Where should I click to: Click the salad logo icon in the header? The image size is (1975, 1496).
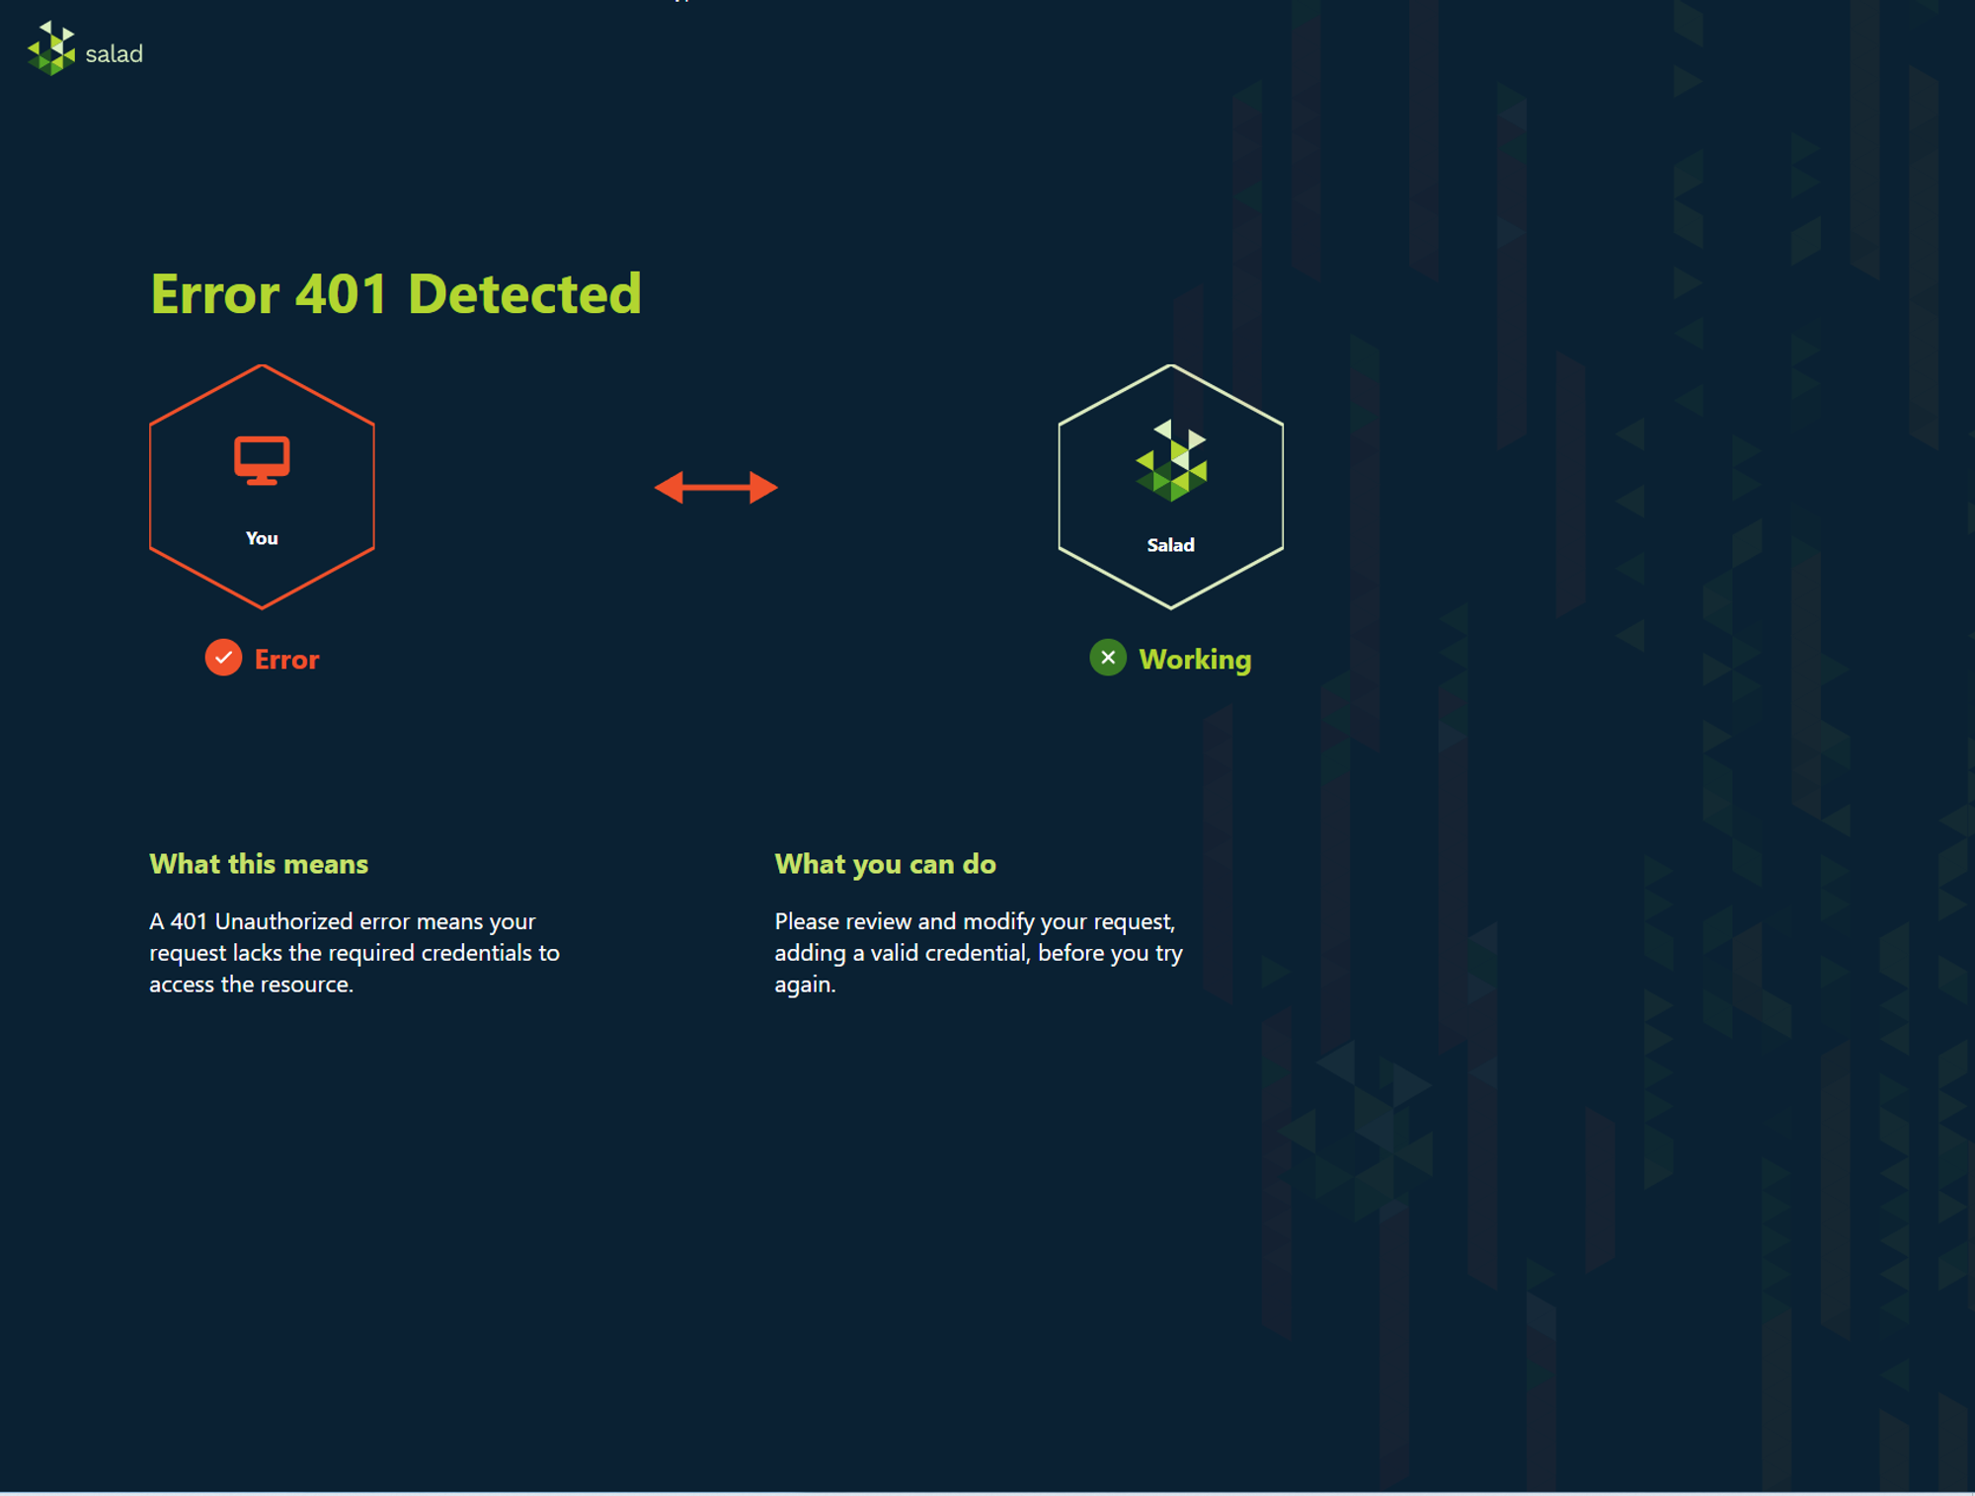tap(51, 48)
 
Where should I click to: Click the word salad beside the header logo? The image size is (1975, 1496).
tap(115, 53)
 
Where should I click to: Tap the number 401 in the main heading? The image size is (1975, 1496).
tap(342, 294)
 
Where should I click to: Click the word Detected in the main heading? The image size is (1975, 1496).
tap(524, 294)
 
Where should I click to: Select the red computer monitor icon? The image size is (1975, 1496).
tap(262, 460)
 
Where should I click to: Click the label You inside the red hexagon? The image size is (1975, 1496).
tap(262, 538)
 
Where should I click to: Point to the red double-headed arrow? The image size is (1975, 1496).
tap(716, 487)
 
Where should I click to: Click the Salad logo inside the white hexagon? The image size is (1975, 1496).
tap(1171, 461)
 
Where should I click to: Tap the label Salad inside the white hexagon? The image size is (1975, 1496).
tap(1171, 545)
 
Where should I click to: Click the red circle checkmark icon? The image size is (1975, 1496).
tap(223, 658)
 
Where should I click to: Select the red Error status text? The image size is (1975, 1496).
tap(286, 660)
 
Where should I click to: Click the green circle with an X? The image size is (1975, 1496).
tap(1108, 658)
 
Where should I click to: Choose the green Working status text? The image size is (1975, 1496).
tap(1195, 660)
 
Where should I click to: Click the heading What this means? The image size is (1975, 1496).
tap(259, 864)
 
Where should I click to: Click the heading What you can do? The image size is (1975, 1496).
tap(886, 865)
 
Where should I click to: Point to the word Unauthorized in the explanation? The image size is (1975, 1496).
tap(283, 921)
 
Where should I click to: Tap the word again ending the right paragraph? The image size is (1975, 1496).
tap(805, 985)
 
